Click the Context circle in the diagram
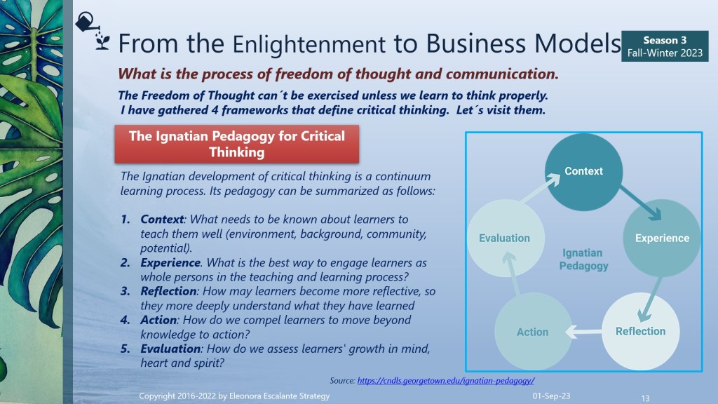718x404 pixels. pos(584,172)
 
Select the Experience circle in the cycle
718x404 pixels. pos(662,238)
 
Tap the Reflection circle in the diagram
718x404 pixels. pos(641,331)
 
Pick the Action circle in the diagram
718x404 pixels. pos(533,332)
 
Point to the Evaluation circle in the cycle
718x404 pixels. pos(506,238)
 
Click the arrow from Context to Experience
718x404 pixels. pos(641,203)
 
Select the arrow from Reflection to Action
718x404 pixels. pos(583,331)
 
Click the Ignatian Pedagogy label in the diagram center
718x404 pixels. pos(583,260)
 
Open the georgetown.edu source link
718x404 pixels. pos(445,381)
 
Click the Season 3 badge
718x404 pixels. pos(665,46)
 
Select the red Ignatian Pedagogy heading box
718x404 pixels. pos(237,144)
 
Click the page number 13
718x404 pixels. pos(645,398)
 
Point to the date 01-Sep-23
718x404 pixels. pos(551,396)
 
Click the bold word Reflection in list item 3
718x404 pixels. pos(168,291)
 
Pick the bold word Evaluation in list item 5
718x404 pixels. pos(170,349)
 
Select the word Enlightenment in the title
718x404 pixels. pos(309,44)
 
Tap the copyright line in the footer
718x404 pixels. pos(234,396)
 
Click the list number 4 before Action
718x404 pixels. pos(125,320)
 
